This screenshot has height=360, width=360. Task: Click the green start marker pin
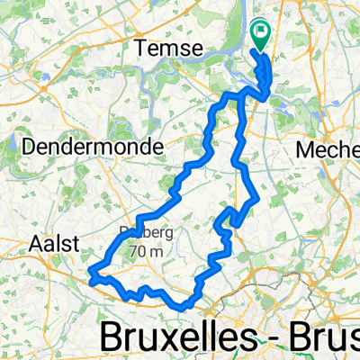click(262, 35)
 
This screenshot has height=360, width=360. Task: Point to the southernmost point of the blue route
click(184, 305)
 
